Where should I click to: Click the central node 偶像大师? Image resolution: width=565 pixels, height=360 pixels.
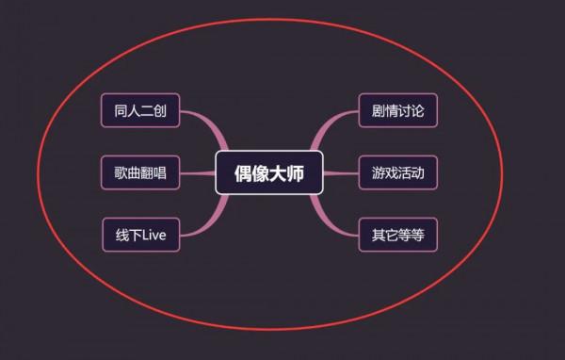pos(269,173)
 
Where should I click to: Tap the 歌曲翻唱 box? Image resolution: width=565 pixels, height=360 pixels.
pos(140,173)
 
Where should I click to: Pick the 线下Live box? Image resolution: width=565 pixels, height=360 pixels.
pos(140,235)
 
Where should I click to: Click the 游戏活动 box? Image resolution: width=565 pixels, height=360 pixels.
pos(397,173)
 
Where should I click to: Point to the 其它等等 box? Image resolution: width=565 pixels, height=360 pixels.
pos(397,235)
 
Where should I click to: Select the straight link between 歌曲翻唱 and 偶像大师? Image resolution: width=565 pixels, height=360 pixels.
pos(198,173)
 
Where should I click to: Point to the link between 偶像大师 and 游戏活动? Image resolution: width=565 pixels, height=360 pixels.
pos(341,173)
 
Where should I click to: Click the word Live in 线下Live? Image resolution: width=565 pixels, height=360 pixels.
pos(153,235)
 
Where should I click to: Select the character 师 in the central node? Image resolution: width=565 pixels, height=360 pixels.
pos(296,173)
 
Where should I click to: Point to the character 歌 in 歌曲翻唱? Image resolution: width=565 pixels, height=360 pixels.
pos(120,173)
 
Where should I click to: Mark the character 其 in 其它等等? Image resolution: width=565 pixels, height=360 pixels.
pos(377,235)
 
